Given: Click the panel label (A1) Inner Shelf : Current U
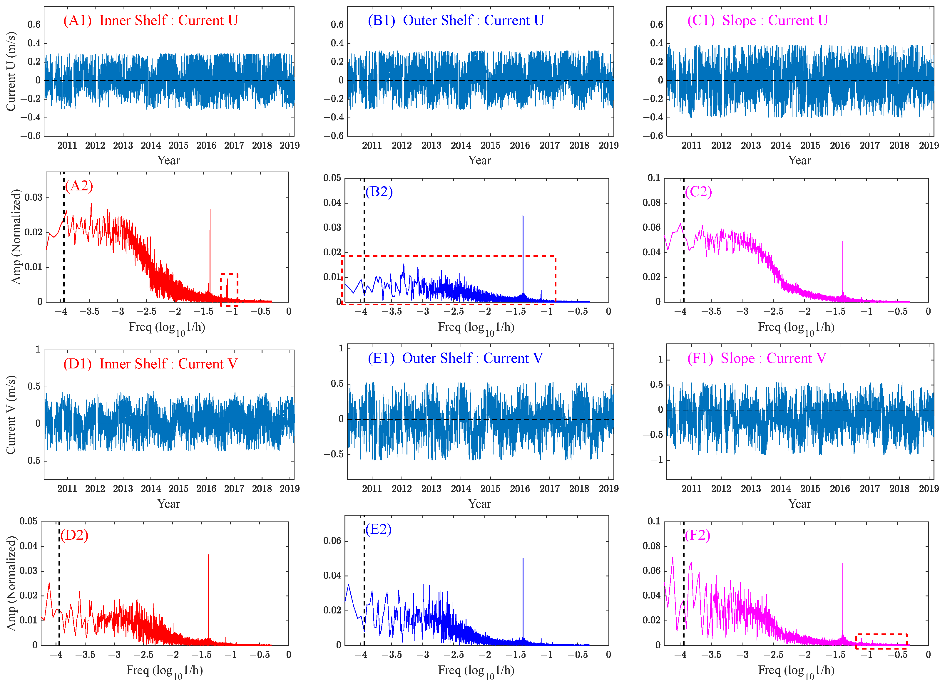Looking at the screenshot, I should tap(150, 20).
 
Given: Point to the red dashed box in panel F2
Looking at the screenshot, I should tap(881, 641).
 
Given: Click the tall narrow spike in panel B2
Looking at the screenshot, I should tap(523, 250).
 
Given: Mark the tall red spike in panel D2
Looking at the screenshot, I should tap(208, 591).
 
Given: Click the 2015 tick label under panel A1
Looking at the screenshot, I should tap(178, 145).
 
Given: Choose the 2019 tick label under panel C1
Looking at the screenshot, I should tap(929, 145).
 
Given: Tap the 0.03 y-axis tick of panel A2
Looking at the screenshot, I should tap(33, 197).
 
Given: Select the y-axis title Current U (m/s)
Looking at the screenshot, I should tap(11, 72).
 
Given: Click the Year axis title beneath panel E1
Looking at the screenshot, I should tap(480, 504).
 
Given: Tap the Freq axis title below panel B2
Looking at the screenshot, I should tap(476, 328).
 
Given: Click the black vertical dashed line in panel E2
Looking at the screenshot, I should tap(364, 583).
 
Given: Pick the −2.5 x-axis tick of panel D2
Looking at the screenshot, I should tap(144, 655).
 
